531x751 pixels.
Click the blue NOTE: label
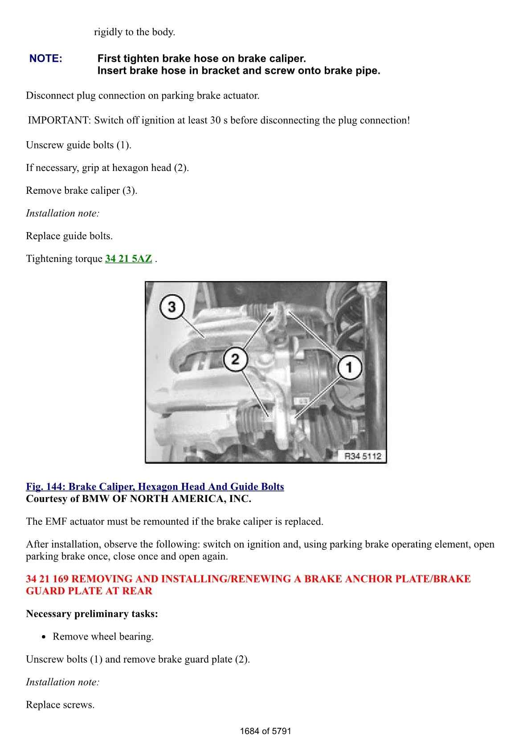(46, 58)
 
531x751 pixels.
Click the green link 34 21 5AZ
(128, 259)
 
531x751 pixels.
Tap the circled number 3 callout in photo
(172, 306)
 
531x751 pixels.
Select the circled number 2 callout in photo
(235, 359)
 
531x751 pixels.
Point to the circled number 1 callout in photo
(349, 367)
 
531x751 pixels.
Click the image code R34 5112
(363, 456)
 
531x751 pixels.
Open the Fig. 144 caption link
(155, 486)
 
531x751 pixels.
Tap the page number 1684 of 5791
(265, 731)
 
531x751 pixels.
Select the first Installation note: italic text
(62, 213)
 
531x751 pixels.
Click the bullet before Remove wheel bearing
(44, 637)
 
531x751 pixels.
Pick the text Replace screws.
(60, 705)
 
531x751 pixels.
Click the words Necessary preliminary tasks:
(92, 614)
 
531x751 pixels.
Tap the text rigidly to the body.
(134, 32)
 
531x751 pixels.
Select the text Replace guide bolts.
(69, 236)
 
